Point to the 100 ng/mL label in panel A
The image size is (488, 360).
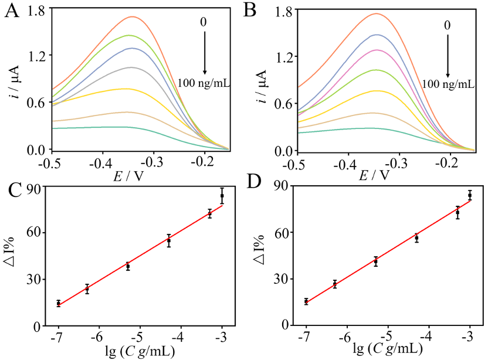tap(204, 83)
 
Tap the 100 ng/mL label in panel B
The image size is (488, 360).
tap(448, 84)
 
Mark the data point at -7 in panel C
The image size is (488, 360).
tap(59, 303)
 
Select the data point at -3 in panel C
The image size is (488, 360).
tap(222, 196)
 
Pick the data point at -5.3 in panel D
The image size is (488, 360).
tap(376, 261)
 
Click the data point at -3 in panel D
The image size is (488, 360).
tap(470, 195)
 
